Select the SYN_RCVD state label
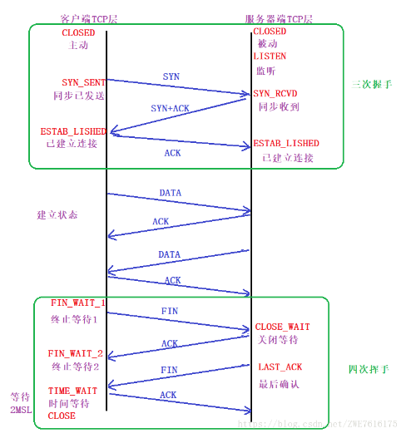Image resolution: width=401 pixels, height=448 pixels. pyautogui.click(x=275, y=93)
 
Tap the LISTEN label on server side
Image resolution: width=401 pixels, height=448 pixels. pyautogui.click(x=270, y=57)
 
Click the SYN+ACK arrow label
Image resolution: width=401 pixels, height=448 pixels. pyautogui.click(x=170, y=109)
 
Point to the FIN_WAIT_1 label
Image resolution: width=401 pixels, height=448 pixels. pyautogui.click(x=78, y=303)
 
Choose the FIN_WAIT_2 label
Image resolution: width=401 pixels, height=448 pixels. pyautogui.click(x=76, y=353)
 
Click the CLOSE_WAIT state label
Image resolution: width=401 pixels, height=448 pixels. pyautogui.click(x=281, y=327)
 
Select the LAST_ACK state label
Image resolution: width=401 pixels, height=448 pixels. pyautogui.click(x=279, y=367)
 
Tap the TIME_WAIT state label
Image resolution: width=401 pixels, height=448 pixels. pyautogui.click(x=72, y=390)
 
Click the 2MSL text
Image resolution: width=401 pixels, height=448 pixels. pyautogui.click(x=20, y=410)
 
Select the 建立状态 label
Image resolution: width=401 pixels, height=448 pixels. pyautogui.click(x=58, y=214)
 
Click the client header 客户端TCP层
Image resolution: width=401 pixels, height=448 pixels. pyautogui.click(x=88, y=17)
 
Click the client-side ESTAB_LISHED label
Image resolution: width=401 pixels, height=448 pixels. pyautogui.click(x=73, y=131)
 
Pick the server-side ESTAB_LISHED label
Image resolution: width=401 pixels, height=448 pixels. pyautogui.click(x=286, y=143)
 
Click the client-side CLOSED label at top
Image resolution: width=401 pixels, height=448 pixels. pyautogui.click(x=78, y=32)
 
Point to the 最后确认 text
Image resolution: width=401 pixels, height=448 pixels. pyautogui.click(x=279, y=384)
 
